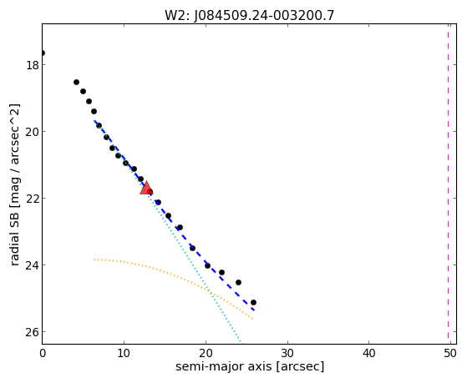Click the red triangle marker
tap(146, 188)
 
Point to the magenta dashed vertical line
tap(448, 184)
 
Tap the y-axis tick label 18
tap(32, 65)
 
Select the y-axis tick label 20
tap(32, 132)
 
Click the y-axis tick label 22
tap(32, 199)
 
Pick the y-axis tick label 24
tap(32, 265)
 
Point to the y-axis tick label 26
tap(32, 332)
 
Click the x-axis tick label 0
tap(43, 354)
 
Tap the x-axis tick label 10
tap(124, 354)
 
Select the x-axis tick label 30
tap(287, 354)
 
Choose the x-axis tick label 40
tap(369, 354)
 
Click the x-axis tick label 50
tap(450, 354)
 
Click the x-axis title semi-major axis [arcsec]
tap(250, 366)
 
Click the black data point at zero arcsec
tap(43, 53)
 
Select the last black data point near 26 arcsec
tap(253, 303)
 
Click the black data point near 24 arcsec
tap(238, 282)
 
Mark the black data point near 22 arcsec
tap(221, 272)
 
